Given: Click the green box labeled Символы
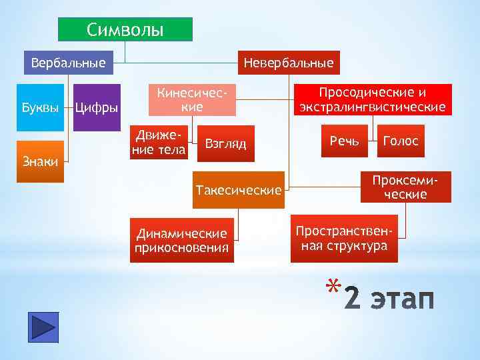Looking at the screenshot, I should point(125,30).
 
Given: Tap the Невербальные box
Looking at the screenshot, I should point(289,63).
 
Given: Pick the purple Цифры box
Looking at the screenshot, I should point(96,107).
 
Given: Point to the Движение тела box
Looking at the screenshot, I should point(158,143).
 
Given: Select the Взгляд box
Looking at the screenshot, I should point(226,143).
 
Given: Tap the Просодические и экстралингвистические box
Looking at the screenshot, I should point(373,99).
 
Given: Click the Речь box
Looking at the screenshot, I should point(344,141).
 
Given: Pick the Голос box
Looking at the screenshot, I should point(401,141).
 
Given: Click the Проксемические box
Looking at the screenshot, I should point(405,187).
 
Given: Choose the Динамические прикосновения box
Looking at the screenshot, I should point(182,241).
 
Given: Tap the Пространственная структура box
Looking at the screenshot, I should point(344,238).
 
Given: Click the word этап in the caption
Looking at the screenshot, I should point(403,300).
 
